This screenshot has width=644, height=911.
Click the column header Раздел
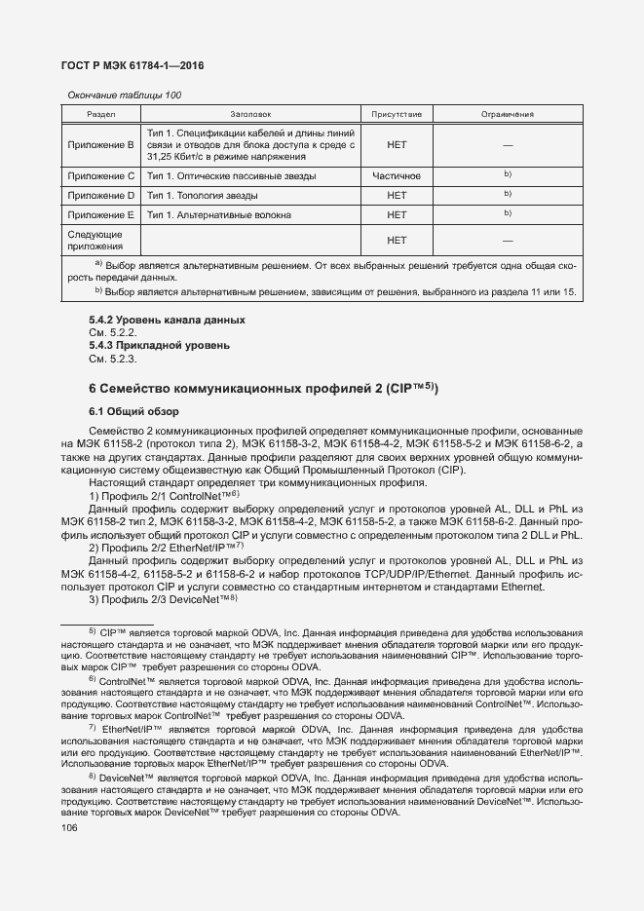point(101,114)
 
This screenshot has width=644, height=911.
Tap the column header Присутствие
point(397,114)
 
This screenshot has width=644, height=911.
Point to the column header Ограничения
point(508,114)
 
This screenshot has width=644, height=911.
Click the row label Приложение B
point(101,144)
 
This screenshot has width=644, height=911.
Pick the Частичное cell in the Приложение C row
point(397,176)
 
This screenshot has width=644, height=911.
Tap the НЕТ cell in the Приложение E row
point(397,214)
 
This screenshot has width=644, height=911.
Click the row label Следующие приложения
point(95,241)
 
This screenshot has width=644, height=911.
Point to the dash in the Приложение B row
point(508,144)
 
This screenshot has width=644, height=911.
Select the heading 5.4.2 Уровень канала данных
point(167,321)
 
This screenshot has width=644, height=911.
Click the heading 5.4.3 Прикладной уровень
point(159,345)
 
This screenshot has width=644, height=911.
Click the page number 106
point(69,828)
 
